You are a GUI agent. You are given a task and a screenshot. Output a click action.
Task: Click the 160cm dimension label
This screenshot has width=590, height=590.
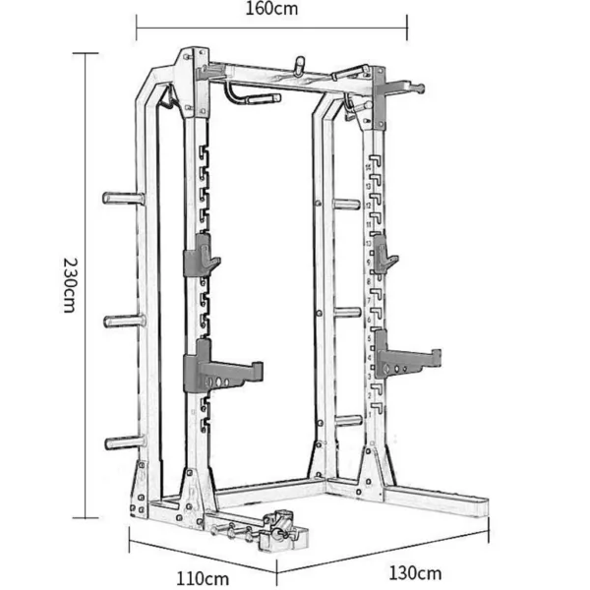(x=271, y=11)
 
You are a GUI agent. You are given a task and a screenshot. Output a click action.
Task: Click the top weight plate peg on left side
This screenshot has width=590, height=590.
(x=122, y=199)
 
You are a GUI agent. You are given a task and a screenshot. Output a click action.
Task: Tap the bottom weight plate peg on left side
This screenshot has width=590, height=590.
(x=124, y=442)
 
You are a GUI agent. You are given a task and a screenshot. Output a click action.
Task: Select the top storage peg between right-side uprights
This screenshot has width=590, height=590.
(x=345, y=205)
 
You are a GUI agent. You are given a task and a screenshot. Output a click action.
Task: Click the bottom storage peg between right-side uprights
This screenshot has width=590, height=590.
(x=347, y=420)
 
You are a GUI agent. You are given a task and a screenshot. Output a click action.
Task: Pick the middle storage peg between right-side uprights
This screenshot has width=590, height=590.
(x=346, y=313)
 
